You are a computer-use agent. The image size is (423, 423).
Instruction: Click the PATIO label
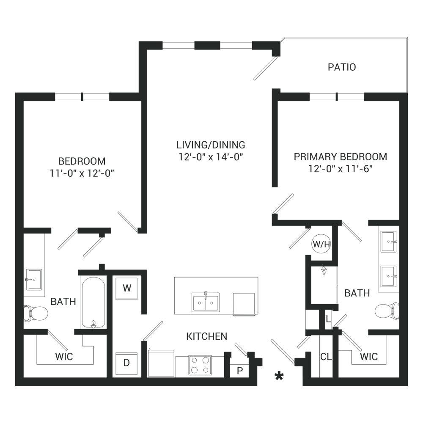coord(342,67)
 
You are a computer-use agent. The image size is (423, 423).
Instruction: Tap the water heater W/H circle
coord(321,244)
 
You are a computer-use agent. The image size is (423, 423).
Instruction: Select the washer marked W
coord(127,288)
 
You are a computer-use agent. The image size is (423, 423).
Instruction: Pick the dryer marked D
coord(127,363)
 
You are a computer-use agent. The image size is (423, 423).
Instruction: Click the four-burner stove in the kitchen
coord(200,365)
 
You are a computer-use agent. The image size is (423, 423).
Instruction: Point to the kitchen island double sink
coord(206,302)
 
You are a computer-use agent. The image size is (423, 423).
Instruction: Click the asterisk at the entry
coord(279,376)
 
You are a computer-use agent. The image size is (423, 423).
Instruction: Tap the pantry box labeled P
coord(239,371)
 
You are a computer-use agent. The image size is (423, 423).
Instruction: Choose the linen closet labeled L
coord(328,319)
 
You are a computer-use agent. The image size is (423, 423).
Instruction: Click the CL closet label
coord(326,357)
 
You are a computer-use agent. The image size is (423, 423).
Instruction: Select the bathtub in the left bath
coord(93,302)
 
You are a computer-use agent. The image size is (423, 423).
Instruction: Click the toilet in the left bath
coord(36,313)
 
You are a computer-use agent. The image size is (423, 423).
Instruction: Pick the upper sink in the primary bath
coord(388,242)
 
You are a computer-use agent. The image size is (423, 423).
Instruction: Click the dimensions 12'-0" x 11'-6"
coord(341,169)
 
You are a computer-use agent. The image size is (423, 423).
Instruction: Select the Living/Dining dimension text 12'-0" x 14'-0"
coord(211,157)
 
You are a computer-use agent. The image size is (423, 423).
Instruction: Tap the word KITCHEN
coord(207,336)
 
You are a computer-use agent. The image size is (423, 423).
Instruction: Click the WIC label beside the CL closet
coord(369,357)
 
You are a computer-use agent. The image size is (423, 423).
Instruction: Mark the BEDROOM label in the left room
coord(82,161)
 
